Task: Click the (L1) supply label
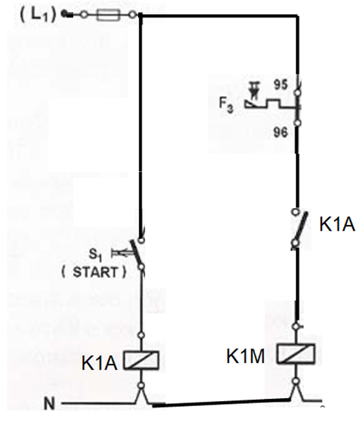[x=38, y=14]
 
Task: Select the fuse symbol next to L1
[x=108, y=15]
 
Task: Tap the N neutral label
[x=49, y=404]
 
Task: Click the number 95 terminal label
[x=281, y=85]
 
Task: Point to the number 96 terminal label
[x=280, y=133]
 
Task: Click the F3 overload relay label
[x=226, y=105]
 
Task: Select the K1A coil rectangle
[x=141, y=360]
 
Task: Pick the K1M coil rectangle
[x=296, y=353]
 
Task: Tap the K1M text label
[x=245, y=356]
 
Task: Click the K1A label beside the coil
[x=99, y=363]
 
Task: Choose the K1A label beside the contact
[x=337, y=225]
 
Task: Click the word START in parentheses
[x=94, y=272]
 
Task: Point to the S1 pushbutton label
[x=95, y=255]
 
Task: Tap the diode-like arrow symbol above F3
[x=254, y=91]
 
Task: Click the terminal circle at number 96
[x=297, y=123]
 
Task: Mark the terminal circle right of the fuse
[x=132, y=15]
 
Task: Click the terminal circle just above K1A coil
[x=141, y=335]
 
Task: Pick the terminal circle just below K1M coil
[x=296, y=381]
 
